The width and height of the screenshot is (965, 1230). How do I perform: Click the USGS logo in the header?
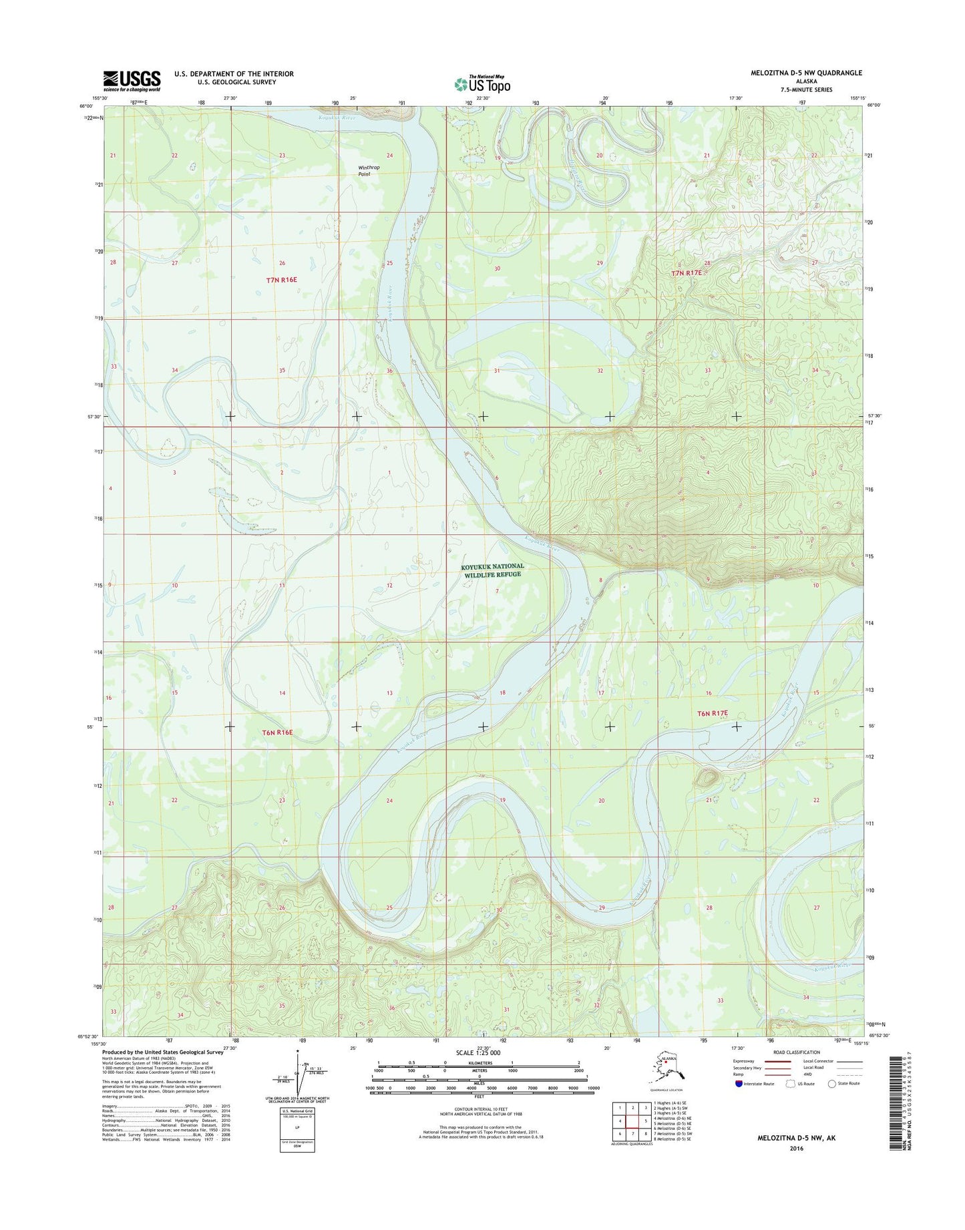131,80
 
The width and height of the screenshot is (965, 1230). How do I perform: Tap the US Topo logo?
482,83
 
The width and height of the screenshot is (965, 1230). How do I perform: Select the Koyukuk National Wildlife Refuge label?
493,570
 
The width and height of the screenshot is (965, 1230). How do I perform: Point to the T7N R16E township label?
281,280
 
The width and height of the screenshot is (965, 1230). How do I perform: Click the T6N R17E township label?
713,713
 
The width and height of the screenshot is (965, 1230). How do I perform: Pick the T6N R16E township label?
277,733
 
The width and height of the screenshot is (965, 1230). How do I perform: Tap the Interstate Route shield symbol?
738,1084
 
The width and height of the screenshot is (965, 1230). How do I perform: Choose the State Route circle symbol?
831,1084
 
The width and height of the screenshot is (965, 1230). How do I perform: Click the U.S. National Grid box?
297,1129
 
